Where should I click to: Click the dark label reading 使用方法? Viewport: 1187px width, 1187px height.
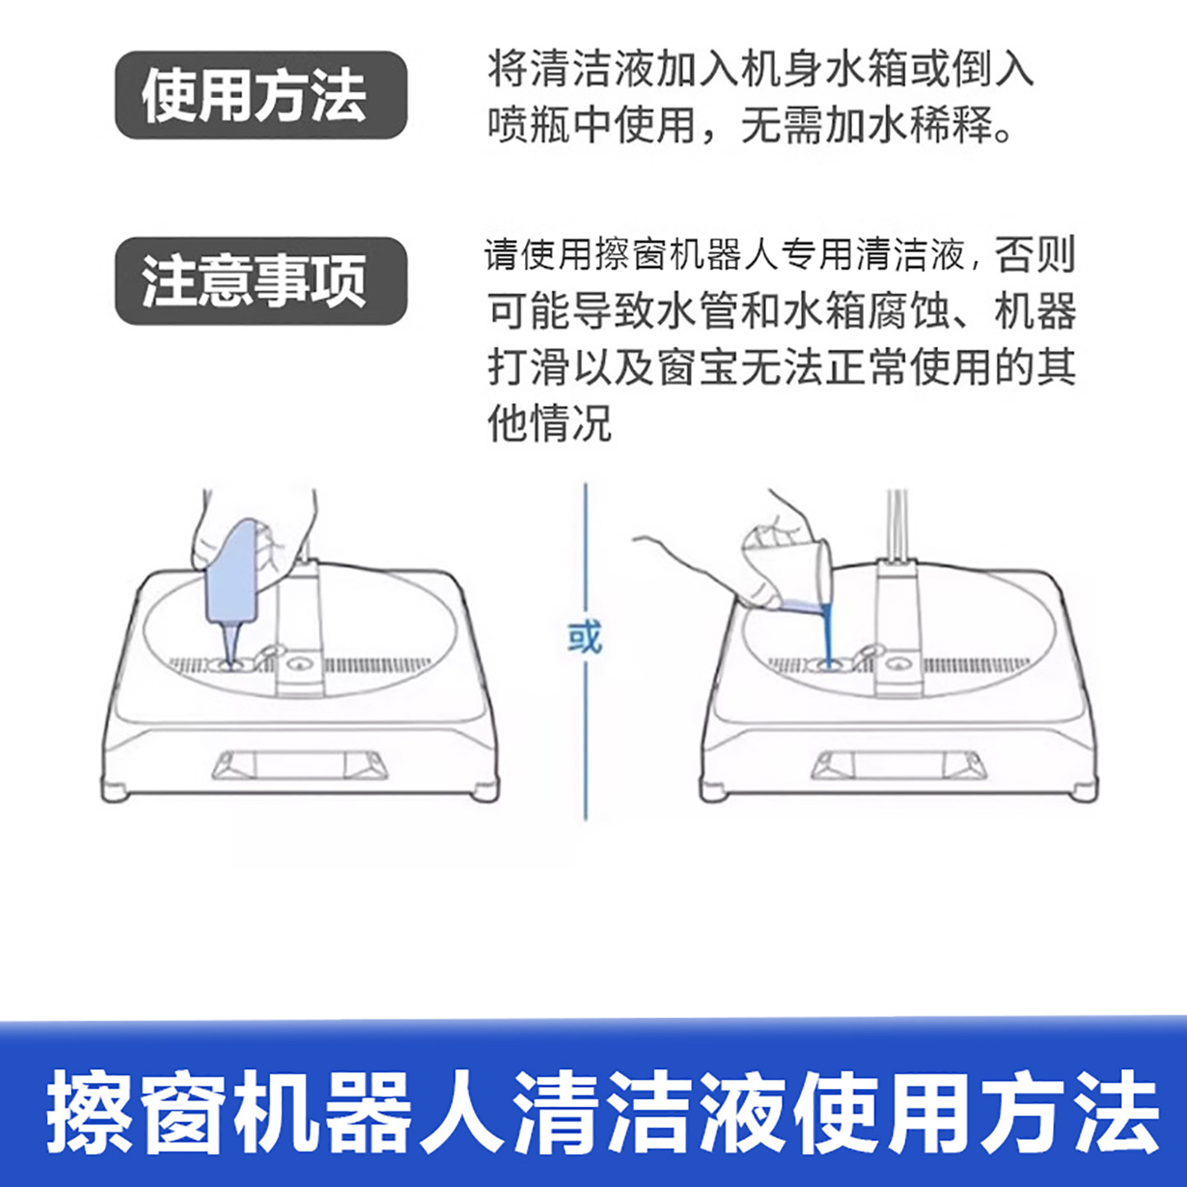pos(260,95)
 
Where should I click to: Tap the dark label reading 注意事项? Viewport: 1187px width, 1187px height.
pos(260,281)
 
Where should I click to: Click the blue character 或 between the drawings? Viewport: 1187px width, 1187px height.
pos(584,637)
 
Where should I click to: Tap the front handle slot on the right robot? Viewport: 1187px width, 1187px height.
pos(899,766)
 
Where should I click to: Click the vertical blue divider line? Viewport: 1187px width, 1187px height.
pos(585,742)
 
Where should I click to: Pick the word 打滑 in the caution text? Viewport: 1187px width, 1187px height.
pos(528,367)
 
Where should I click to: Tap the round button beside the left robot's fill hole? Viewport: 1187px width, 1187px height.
pos(299,662)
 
